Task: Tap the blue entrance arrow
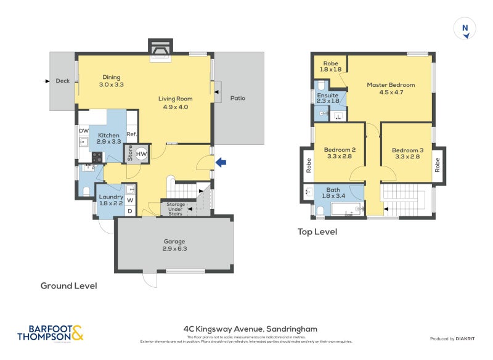(221, 162)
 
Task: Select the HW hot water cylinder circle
(142, 154)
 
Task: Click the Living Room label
(175, 102)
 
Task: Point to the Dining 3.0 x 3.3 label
(112, 81)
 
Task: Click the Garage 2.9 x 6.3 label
(174, 245)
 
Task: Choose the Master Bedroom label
(391, 88)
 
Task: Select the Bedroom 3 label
(407, 153)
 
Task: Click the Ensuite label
(327, 99)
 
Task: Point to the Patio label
(238, 98)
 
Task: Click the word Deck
(62, 81)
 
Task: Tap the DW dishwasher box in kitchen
(84, 130)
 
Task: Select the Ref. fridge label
(131, 134)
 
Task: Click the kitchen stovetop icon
(97, 158)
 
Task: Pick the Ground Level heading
(68, 286)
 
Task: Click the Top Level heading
(317, 232)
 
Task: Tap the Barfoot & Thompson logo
(50, 333)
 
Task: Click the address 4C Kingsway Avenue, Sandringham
(250, 329)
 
